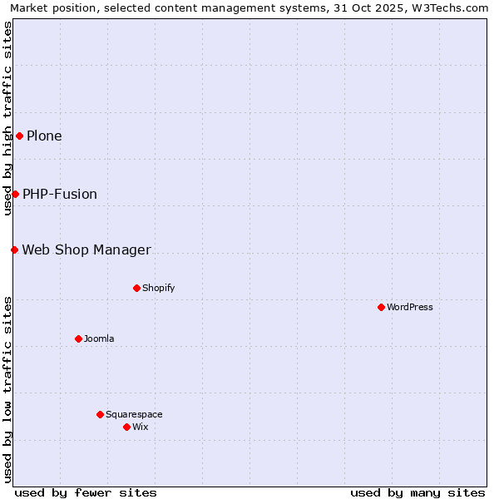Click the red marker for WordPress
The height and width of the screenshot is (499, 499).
(x=381, y=307)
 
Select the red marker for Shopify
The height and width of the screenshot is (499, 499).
(x=136, y=288)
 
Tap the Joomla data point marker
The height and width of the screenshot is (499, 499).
(x=78, y=338)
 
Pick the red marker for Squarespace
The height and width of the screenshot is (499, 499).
(x=100, y=414)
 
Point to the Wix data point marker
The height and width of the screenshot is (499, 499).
(x=126, y=427)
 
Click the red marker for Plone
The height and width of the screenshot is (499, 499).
(x=19, y=136)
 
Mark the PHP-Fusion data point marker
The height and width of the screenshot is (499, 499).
(x=15, y=194)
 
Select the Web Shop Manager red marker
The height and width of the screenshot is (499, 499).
(x=14, y=249)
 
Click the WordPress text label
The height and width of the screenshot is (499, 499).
(x=410, y=307)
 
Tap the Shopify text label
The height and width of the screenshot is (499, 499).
(x=158, y=288)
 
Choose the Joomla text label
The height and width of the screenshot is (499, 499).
(x=99, y=338)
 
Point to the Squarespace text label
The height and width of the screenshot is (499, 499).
(x=134, y=414)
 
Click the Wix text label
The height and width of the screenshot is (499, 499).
(x=140, y=427)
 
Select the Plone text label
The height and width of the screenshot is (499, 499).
(x=44, y=136)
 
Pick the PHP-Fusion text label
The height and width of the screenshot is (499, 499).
(x=60, y=194)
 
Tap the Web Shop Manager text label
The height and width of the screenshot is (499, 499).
(x=86, y=249)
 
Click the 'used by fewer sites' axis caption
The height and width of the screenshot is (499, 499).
(x=86, y=492)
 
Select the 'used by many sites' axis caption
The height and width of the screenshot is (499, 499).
(x=417, y=492)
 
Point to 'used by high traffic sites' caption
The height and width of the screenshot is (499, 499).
(x=7, y=118)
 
